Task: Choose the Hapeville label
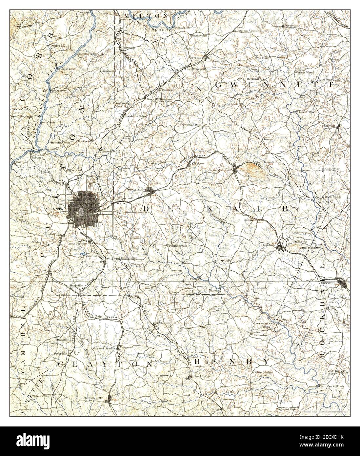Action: coord(76,285)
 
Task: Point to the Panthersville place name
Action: coord(177,245)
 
